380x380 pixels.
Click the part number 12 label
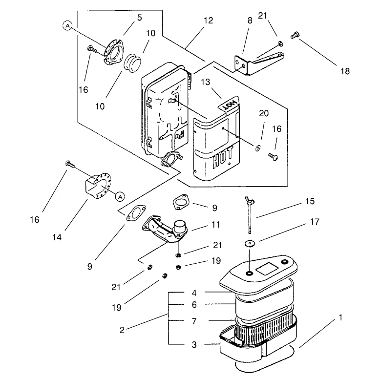click(208, 21)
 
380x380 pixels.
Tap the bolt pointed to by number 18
click(295, 35)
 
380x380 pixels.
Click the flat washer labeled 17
click(250, 244)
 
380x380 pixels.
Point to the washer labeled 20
click(257, 148)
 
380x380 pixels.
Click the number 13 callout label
click(205, 82)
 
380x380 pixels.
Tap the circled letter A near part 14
click(120, 196)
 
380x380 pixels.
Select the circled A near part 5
click(67, 25)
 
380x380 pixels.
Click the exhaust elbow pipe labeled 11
click(165, 229)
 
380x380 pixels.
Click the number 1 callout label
click(340, 317)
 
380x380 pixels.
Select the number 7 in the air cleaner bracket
click(194, 321)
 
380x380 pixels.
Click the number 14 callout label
click(57, 237)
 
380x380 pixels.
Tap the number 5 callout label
click(139, 18)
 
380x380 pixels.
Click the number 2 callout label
click(122, 330)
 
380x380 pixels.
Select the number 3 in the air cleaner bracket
click(194, 345)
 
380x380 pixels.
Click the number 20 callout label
click(264, 113)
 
